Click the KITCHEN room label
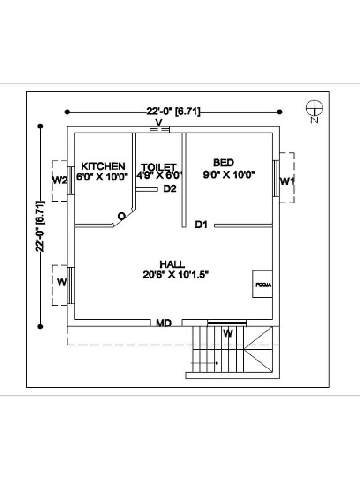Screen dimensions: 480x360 coord(103,166)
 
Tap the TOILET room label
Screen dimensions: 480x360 coord(159,167)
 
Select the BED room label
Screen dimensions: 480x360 coord(224,163)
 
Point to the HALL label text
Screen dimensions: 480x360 coord(172,264)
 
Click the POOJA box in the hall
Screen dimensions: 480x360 coord(262,284)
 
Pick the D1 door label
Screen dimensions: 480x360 coord(201,225)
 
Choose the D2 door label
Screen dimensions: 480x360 coord(170,189)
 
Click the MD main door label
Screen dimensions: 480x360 coord(163,323)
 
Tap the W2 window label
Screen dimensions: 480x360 coord(60,180)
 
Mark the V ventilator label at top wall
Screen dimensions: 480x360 coord(159,122)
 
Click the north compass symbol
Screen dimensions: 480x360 coord(314,109)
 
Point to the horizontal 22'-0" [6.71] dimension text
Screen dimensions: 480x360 coord(173,112)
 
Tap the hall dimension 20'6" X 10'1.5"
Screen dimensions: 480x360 coord(175,275)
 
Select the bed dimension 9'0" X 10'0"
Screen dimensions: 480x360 coord(228,175)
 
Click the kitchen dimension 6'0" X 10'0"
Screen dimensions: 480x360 coord(103,177)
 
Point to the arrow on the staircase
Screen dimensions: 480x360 coord(205,363)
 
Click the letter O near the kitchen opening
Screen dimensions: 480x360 coord(121,216)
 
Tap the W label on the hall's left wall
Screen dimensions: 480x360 coord(61,282)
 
